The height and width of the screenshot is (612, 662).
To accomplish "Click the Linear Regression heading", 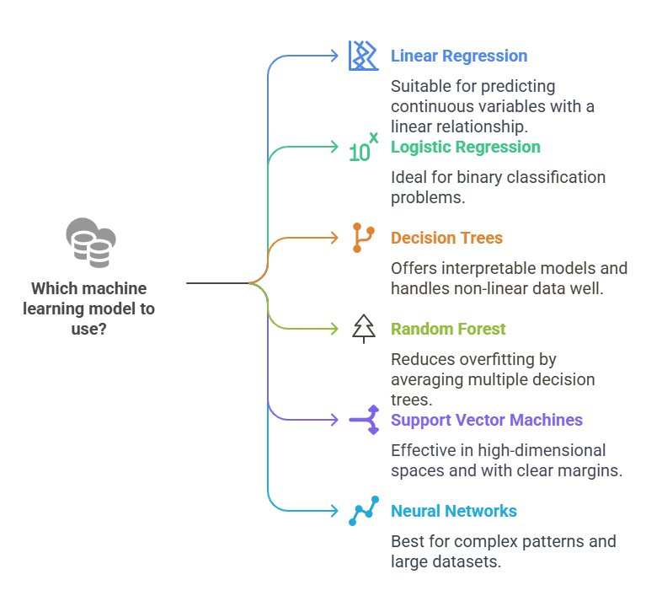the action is [459, 56].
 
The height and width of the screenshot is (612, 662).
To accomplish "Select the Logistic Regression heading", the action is [465, 147].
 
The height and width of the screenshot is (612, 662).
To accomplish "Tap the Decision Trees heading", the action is [446, 238].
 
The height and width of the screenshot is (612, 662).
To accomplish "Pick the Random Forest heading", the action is [448, 329].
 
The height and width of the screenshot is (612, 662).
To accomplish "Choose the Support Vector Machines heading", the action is [486, 420].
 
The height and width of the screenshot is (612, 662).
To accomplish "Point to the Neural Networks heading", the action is [453, 511].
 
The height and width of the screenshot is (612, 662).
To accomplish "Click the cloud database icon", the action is [91, 243].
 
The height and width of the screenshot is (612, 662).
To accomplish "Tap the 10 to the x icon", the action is [363, 147].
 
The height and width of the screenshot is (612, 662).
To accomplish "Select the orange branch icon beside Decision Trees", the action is [363, 238].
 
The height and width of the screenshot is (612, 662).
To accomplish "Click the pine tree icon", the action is [364, 329].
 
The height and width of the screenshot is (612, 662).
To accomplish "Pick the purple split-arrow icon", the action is [364, 420].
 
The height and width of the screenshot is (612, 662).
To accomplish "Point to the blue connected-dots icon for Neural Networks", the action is [364, 511].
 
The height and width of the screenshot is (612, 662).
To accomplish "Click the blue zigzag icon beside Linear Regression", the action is [364, 56].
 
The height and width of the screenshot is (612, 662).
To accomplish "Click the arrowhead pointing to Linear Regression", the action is [334, 56].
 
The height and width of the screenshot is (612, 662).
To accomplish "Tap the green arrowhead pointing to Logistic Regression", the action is [334, 147].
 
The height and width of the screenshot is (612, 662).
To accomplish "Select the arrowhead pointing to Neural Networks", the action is [334, 511].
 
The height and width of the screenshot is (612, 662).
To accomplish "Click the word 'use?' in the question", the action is [88, 329].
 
